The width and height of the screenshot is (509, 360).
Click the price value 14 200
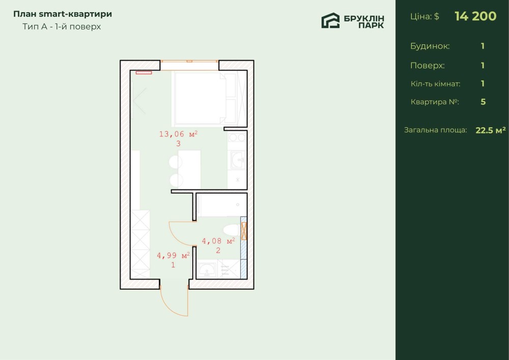[475, 16]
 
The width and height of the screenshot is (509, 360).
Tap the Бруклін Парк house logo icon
[330, 21]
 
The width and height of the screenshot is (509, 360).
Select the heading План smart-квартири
[63, 14]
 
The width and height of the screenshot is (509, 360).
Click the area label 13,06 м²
[178, 134]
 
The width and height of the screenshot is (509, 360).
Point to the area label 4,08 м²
[218, 241]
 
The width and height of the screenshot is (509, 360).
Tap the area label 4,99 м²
[174, 256]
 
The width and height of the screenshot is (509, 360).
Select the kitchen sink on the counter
[237, 160]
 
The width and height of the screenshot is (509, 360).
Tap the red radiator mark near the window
[144, 73]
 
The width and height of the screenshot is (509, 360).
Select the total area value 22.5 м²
[491, 130]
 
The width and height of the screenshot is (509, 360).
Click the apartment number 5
[483, 102]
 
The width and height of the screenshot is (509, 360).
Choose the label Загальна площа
[435, 130]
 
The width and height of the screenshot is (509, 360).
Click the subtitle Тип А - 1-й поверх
[62, 26]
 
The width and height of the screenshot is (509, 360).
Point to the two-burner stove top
[237, 137]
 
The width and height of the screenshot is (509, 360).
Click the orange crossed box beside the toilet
[244, 231]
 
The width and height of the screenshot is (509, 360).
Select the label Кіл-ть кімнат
[435, 84]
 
